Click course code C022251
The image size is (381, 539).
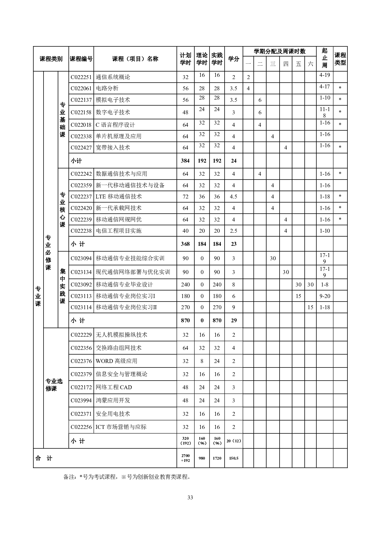[x=81, y=77]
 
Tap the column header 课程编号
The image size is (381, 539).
[x=81, y=59]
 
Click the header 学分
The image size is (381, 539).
[x=234, y=59]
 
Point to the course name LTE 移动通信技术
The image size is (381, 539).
[x=119, y=197]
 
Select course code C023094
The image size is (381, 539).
[x=81, y=258]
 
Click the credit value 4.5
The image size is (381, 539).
[x=234, y=197]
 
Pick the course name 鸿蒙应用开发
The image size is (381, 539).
[x=113, y=400]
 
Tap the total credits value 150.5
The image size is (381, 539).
[x=234, y=458]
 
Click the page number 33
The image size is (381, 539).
[x=190, y=497]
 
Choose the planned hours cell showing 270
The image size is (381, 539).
[x=186, y=307]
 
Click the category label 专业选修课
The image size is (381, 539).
[x=54, y=385]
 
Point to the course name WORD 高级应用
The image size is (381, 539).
[x=116, y=361]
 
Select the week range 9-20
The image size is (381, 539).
[x=325, y=296]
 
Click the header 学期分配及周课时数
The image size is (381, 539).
[x=280, y=52]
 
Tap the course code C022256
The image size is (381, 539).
[x=81, y=427]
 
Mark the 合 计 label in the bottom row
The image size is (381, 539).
[x=44, y=458]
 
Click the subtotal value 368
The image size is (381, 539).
[x=186, y=244]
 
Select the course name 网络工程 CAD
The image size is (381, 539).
[x=114, y=387]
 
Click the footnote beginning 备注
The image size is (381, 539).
[x=127, y=477]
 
